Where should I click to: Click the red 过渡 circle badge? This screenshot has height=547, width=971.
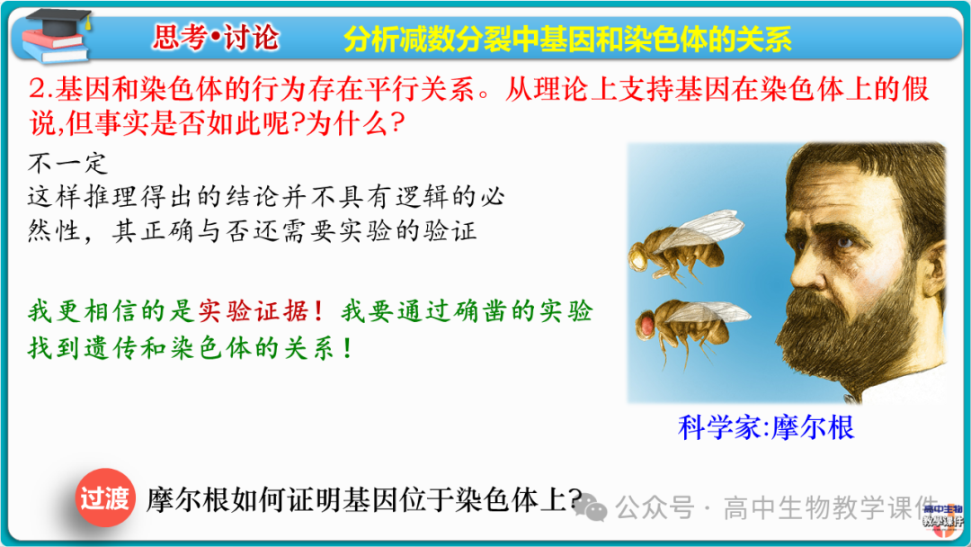coord(105,498)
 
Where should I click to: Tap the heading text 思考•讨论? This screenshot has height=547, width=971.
coord(216,38)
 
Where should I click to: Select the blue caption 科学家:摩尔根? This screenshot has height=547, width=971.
coord(765,426)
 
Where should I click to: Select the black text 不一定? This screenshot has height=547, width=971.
coord(68,164)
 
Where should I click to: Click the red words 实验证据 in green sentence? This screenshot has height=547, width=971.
coord(253,311)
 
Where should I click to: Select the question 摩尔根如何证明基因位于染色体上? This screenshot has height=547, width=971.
coord(364,500)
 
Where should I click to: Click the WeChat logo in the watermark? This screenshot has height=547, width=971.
coord(595,508)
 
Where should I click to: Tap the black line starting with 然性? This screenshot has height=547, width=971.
coord(252,231)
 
